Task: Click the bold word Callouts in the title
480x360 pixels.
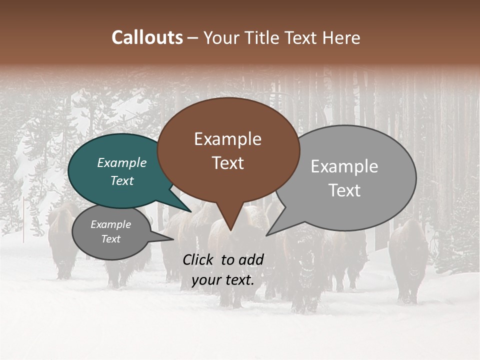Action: [147, 37]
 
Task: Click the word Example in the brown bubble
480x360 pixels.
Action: [227, 139]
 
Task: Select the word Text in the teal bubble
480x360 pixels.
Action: [122, 180]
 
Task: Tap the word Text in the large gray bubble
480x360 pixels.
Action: [344, 190]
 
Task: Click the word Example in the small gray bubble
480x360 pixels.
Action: [110, 224]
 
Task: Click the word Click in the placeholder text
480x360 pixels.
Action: [198, 259]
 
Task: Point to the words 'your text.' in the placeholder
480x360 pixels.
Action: [222, 280]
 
